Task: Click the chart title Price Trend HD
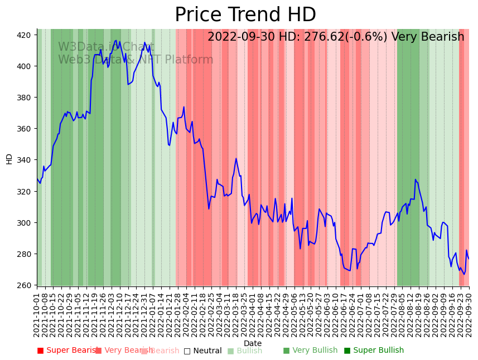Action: pyautogui.click(x=245, y=15)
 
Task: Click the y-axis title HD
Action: pyautogui.click(x=9, y=159)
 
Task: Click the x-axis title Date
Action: pyautogui.click(x=253, y=343)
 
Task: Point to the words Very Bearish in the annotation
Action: pyautogui.click(x=428, y=37)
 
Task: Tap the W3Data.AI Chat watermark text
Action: pyautogui.click(x=106, y=47)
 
